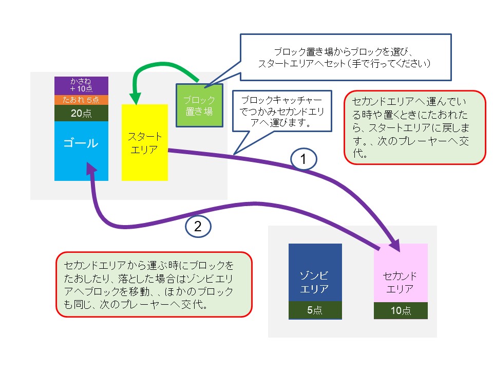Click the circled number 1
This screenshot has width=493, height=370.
pyautogui.click(x=304, y=159)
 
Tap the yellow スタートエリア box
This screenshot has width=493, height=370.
pyautogui.click(x=144, y=142)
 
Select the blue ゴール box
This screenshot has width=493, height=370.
pyautogui.click(x=81, y=151)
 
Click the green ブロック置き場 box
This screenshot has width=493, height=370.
pyautogui.click(x=199, y=105)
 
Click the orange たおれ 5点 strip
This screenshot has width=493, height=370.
pyautogui.click(x=81, y=100)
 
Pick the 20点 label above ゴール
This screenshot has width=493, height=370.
pyautogui.click(x=81, y=114)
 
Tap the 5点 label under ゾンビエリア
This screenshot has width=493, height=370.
pyautogui.click(x=315, y=310)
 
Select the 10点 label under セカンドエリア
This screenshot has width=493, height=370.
pyautogui.click(x=401, y=310)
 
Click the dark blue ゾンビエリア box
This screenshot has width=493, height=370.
pyautogui.click(x=315, y=272)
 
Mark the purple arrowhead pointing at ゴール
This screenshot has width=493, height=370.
pyautogui.click(x=91, y=169)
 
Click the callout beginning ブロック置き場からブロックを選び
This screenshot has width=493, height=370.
pyautogui.click(x=345, y=58)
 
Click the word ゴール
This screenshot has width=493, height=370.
pyautogui.click(x=81, y=143)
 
